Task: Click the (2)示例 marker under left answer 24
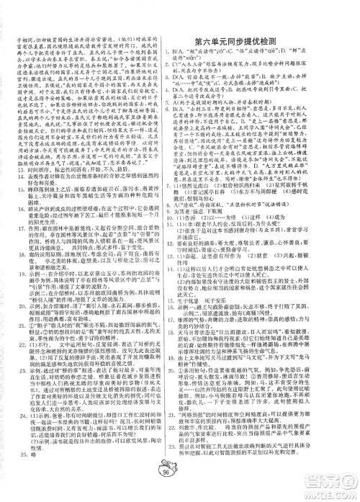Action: coord(22,462)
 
